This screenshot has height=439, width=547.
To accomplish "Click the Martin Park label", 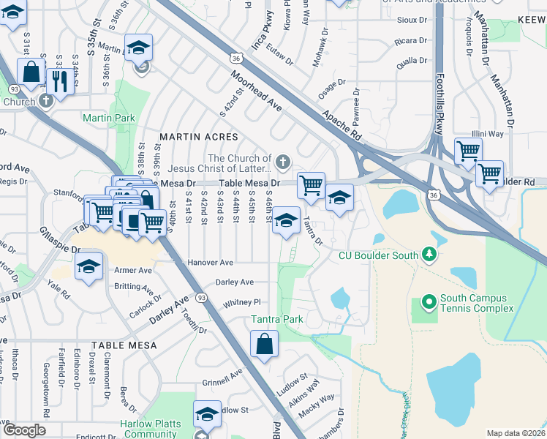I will point(108,117).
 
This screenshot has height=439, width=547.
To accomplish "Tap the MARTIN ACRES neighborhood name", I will point(199,137).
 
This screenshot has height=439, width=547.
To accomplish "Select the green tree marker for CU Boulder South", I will point(430,255).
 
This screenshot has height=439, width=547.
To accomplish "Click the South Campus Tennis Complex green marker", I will point(428,301).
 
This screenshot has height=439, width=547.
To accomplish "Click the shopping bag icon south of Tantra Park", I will point(264,344).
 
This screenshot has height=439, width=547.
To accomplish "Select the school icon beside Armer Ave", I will point(89,267).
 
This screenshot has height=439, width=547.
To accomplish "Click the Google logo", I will point(24,430).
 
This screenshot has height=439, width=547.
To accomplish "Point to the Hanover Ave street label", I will point(211,262).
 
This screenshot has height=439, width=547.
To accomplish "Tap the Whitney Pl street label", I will point(242,301).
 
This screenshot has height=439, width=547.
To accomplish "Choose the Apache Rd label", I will point(342,123).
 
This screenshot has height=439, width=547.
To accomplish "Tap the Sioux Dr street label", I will point(412,20).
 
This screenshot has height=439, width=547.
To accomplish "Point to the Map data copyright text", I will point(516,433).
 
